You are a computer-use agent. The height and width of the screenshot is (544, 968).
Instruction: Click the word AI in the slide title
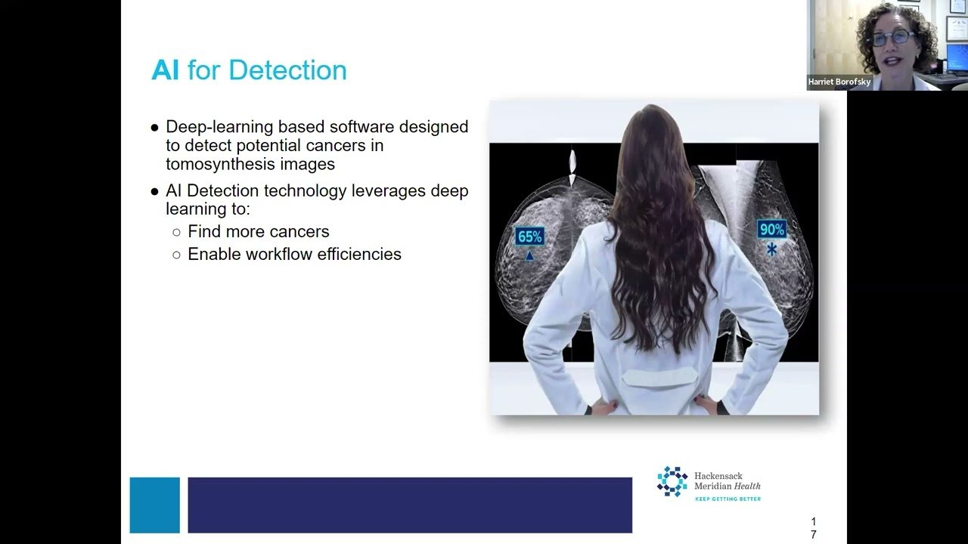[165, 70]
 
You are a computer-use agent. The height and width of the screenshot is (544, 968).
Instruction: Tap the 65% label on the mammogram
[529, 236]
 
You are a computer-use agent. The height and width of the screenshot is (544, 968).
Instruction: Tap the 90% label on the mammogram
[772, 229]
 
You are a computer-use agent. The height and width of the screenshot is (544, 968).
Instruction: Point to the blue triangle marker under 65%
[529, 256]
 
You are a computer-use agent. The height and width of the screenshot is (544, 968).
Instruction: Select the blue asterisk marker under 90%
[772, 249]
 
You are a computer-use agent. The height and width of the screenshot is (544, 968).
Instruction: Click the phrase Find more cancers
[259, 232]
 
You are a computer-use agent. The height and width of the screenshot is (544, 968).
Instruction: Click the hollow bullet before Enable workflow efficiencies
[176, 255]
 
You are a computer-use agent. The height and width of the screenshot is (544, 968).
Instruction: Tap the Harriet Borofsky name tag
[839, 82]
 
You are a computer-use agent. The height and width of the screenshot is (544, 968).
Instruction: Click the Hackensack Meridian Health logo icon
[672, 481]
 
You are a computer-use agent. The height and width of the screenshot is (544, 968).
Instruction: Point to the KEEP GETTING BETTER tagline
[728, 499]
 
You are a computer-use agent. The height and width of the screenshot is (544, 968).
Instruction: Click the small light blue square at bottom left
[155, 505]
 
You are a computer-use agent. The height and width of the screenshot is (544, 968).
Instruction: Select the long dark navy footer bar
[410, 505]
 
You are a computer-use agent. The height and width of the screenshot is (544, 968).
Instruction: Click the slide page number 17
[814, 528]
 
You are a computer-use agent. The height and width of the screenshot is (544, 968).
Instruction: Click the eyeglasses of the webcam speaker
[892, 38]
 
